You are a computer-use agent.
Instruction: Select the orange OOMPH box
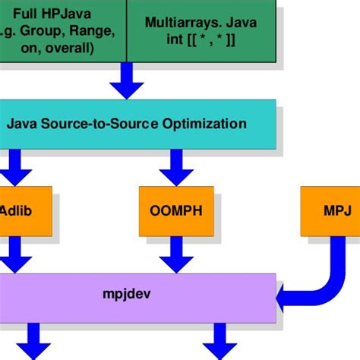point(176,210)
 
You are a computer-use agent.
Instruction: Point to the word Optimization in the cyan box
point(208,122)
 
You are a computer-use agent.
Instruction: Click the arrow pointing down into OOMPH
point(176,166)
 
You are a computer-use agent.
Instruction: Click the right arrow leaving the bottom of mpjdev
point(220,340)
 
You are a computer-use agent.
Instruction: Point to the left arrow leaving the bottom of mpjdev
point(35,340)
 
